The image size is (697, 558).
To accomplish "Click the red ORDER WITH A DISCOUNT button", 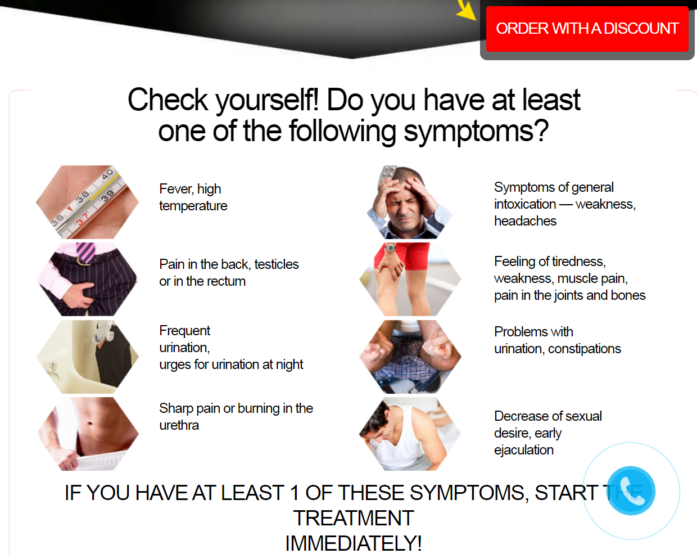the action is tap(587, 29).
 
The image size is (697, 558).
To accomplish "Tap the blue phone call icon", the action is tap(631, 490).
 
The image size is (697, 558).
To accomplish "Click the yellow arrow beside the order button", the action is tap(467, 10).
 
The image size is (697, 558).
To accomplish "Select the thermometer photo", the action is tap(88, 202).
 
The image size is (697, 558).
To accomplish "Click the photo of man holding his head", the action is tap(410, 202).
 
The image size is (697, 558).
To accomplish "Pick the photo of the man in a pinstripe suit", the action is tap(88, 279).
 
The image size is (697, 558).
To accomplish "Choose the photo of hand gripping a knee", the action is tap(410, 279).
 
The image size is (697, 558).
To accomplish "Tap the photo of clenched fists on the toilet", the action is tap(410, 357).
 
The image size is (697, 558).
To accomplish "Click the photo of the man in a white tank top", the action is tap(410, 434).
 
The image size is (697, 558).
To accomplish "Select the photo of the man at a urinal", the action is tap(88, 357).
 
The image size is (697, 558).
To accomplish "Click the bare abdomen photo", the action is tap(88, 434).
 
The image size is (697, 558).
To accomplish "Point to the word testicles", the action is tap(277, 264).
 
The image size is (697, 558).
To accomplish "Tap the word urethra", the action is tap(179, 425).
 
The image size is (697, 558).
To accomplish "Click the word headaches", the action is tap(526, 221).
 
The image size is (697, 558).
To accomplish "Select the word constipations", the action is tap(585, 349).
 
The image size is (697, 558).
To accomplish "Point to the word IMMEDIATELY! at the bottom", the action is tap(354, 543).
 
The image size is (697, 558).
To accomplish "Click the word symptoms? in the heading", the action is tap(476, 131).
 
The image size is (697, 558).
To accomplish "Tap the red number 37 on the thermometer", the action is tap(82, 219).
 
